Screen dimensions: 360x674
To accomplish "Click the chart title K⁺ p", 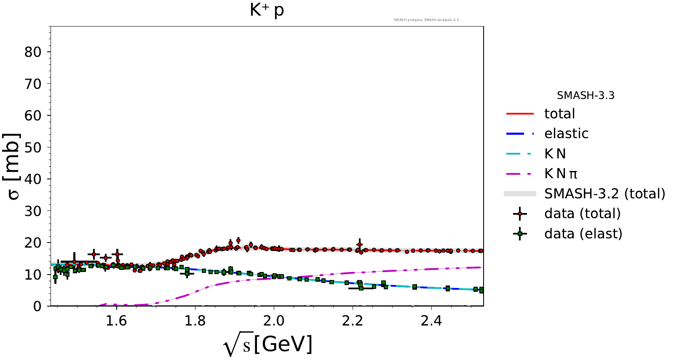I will point(267,11).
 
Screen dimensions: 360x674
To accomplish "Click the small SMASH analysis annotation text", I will point(426,20).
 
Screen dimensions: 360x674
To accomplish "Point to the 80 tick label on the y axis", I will point(32,52).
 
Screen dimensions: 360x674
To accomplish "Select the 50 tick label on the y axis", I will point(32,147).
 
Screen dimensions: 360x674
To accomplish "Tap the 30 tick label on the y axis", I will point(32,211).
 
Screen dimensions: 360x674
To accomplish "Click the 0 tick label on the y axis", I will point(37,306).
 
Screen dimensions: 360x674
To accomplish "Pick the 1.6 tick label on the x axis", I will point(116,321).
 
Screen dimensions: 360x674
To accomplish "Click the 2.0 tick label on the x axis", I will point(274,321).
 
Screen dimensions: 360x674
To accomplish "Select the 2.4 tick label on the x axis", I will point(431,321).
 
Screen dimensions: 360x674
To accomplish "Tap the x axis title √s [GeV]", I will point(268,344).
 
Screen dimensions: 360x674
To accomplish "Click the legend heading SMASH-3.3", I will point(586,96).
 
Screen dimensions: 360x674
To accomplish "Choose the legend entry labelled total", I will point(559,114).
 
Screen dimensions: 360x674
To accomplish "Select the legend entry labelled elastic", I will point(566,133).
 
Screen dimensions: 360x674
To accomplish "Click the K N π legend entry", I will point(561,173).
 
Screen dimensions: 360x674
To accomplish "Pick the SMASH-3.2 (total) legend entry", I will point(604,194).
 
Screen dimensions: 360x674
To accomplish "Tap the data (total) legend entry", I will point(582,213).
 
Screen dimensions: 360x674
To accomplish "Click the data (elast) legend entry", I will point(583,234).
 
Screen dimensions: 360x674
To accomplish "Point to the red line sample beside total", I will point(520,114).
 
